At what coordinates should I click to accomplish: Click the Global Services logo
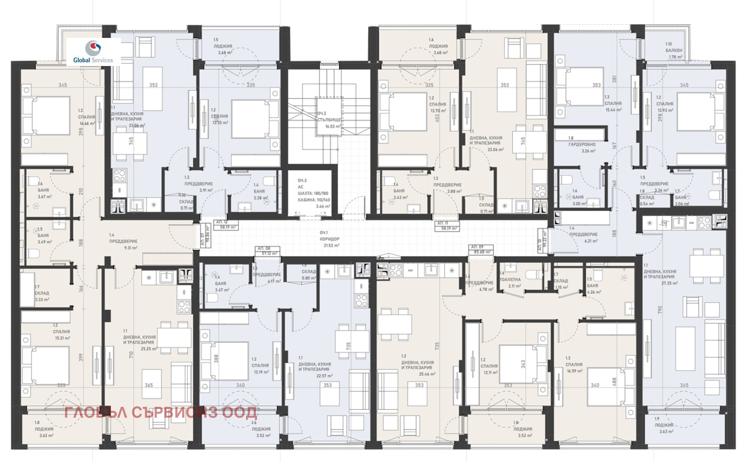(x=93, y=52)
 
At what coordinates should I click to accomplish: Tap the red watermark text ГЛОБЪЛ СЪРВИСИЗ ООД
(x=160, y=413)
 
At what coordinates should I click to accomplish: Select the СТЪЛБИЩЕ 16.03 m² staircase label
(x=329, y=120)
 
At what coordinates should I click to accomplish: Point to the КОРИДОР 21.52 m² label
(x=329, y=239)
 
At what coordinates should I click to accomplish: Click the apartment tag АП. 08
(x=264, y=248)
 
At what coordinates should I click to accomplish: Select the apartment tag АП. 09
(x=477, y=247)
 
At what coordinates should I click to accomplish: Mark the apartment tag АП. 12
(x=222, y=222)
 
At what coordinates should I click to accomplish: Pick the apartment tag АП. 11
(x=442, y=223)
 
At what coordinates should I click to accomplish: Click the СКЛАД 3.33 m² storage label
(x=41, y=296)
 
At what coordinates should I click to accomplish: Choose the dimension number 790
(x=659, y=310)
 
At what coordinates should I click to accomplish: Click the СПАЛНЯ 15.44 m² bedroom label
(x=613, y=106)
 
